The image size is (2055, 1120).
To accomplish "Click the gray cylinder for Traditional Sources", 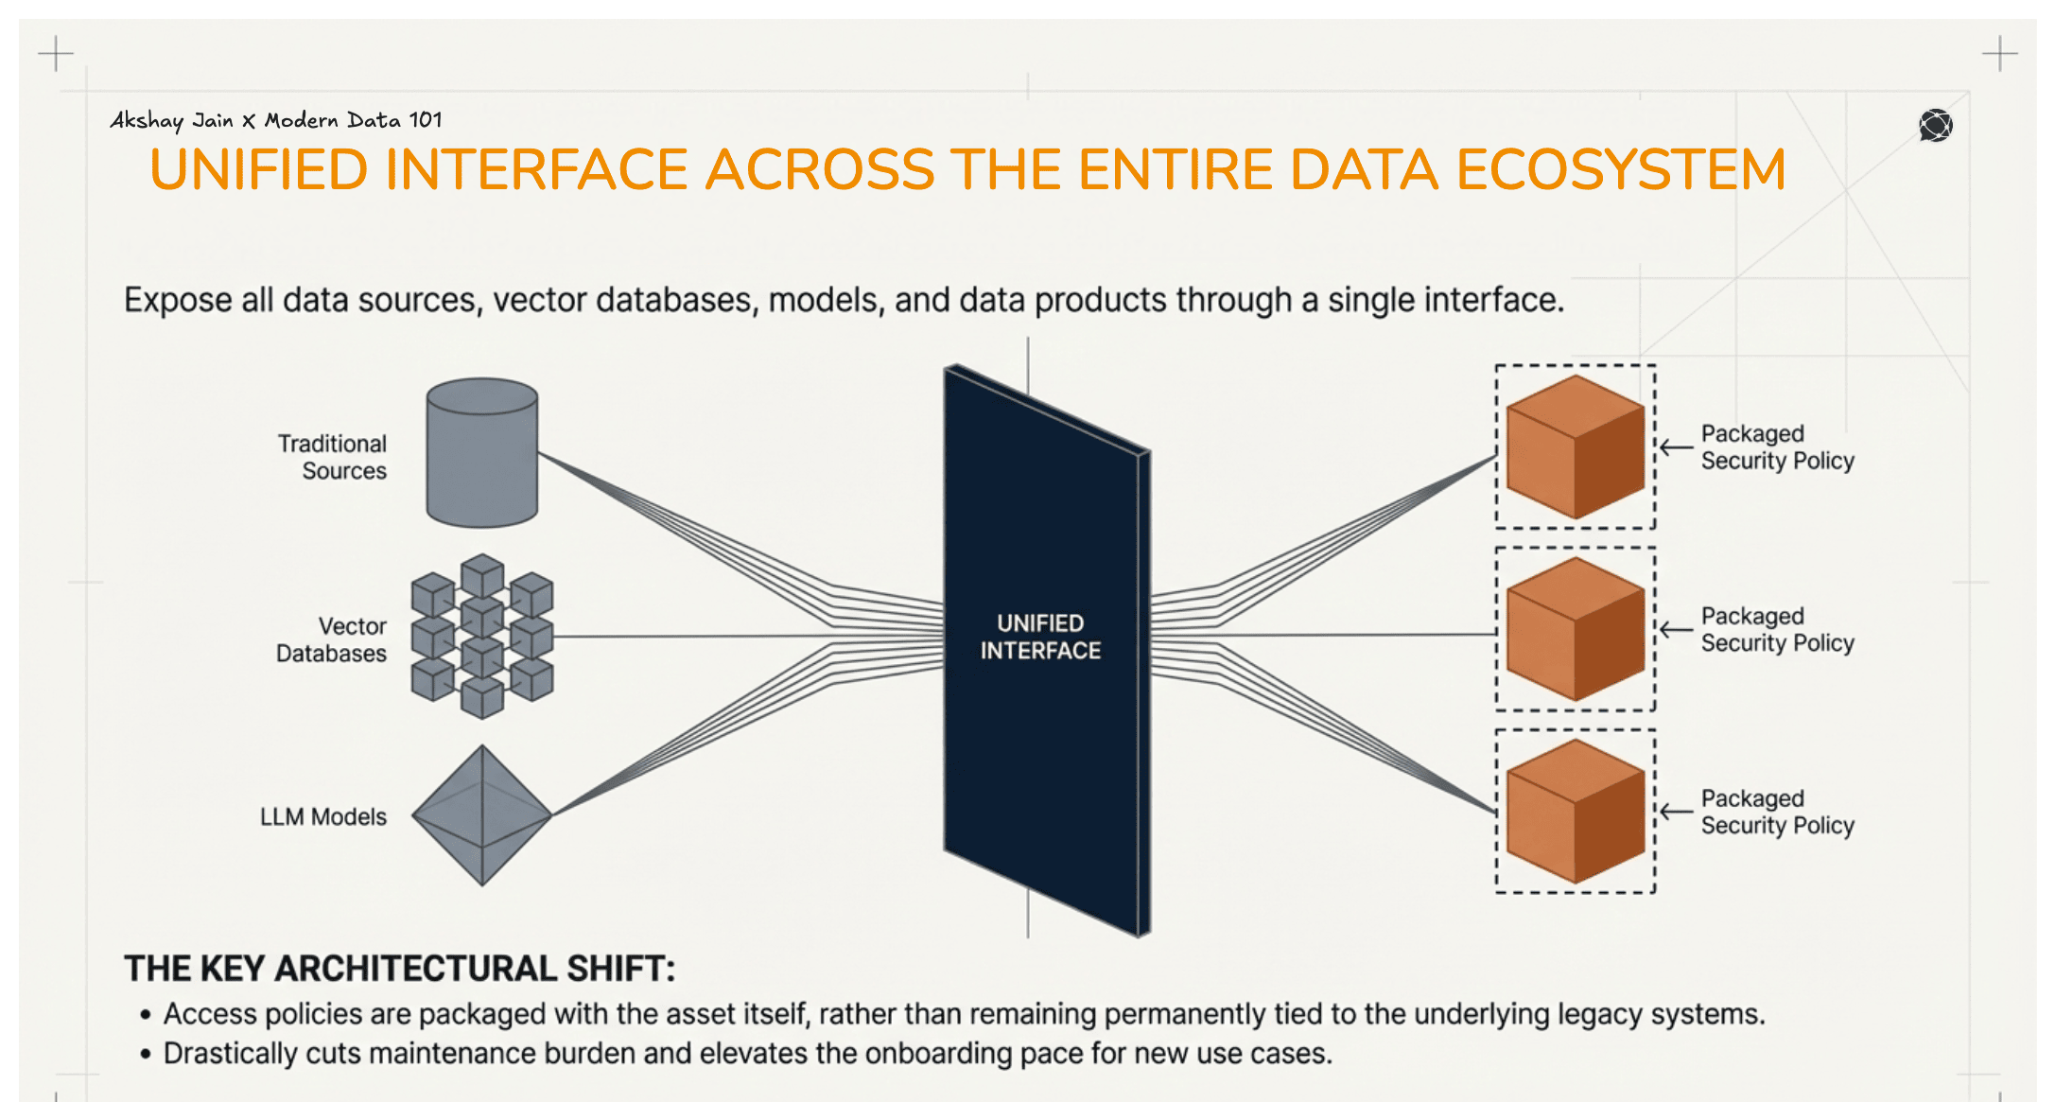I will tap(481, 453).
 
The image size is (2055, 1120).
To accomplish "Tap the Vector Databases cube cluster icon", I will tap(482, 637).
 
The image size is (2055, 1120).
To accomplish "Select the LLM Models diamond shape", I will tap(482, 815).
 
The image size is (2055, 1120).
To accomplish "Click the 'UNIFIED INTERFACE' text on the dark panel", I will tap(1040, 637).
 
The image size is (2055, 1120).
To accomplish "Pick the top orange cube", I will tap(1575, 446).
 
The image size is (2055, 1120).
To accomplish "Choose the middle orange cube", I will tap(1575, 629).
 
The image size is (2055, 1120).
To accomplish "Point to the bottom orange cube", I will tap(1575, 812).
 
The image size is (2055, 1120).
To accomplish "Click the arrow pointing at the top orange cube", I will tap(1677, 447).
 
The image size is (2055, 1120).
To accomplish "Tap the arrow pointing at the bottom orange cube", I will tap(1677, 812).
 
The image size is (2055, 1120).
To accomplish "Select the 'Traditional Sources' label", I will tap(333, 457).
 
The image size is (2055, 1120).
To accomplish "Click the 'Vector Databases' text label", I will tap(333, 639).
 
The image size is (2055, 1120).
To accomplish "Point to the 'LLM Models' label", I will tap(323, 816).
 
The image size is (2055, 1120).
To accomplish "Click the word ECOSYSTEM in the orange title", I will tap(1620, 170).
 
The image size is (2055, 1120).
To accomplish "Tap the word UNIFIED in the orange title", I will tap(258, 170).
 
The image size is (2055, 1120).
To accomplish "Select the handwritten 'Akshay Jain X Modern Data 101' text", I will tap(275, 120).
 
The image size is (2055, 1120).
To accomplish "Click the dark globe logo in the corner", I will tap(1935, 125).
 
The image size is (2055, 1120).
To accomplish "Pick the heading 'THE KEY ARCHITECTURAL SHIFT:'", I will tap(400, 969).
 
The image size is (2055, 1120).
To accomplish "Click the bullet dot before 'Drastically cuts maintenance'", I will tap(146, 1055).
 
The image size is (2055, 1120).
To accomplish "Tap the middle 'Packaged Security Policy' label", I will tap(1777, 629).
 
